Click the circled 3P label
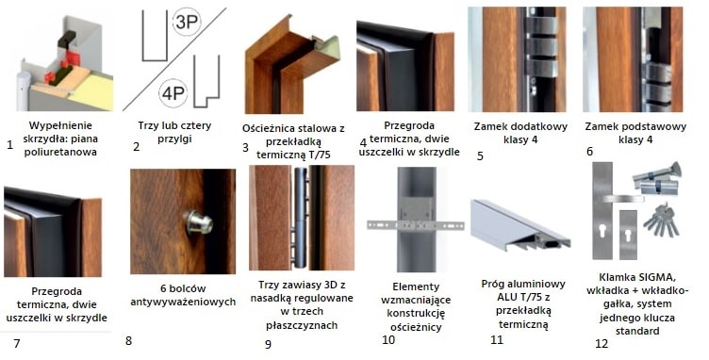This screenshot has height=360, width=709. [187, 22]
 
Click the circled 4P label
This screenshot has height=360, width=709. [173, 94]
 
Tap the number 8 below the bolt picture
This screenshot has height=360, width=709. [128, 340]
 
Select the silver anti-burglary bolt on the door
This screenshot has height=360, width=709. [199, 222]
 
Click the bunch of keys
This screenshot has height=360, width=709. [661, 220]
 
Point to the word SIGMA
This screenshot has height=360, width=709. [655, 276]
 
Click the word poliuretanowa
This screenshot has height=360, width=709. [60, 152]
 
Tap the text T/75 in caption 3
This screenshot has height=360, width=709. [320, 155]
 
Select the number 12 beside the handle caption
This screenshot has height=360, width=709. [602, 344]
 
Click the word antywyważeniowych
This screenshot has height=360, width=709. [183, 302]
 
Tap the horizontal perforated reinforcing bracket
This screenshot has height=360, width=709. [416, 224]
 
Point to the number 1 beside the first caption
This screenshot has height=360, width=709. [10, 145]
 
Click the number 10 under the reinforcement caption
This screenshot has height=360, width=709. [388, 340]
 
